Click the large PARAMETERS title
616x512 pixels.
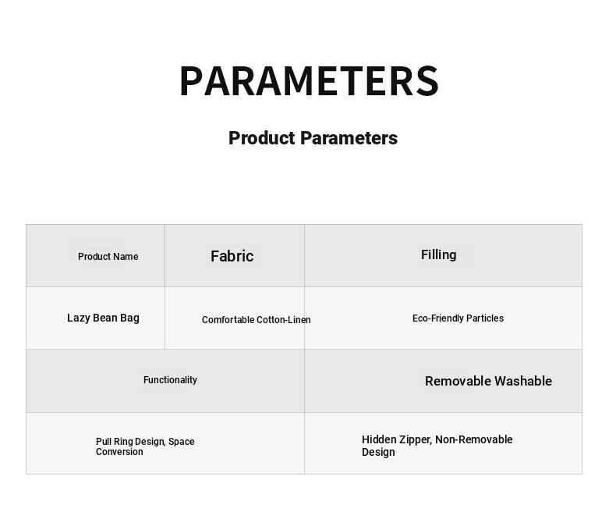(309, 81)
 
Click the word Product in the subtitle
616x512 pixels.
(262, 138)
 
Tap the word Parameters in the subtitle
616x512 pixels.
(349, 138)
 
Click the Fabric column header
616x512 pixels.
(232, 256)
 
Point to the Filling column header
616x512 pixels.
(439, 254)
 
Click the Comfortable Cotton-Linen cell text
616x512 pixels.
(256, 320)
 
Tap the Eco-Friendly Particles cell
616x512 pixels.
(458, 318)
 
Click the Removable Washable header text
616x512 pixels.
(488, 381)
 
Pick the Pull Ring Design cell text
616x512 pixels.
(145, 446)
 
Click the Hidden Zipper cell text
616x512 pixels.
(437, 446)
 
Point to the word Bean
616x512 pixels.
(105, 318)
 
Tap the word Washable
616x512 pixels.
(523, 381)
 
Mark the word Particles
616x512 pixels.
(485, 318)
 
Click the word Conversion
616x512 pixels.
(119, 452)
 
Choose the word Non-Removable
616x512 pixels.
(474, 439)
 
